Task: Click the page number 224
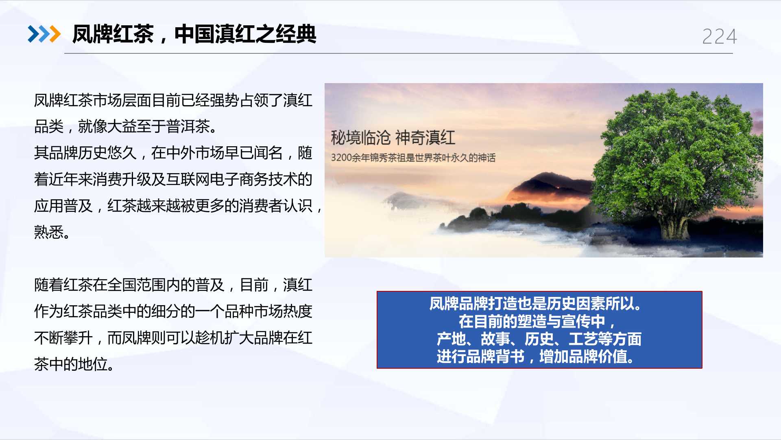click(720, 37)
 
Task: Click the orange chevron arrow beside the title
click(55, 34)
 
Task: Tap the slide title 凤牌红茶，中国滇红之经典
click(194, 34)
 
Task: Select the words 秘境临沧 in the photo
click(360, 138)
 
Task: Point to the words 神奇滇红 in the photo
click(425, 138)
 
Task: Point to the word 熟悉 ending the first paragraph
click(49, 232)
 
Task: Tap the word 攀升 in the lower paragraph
click(78, 338)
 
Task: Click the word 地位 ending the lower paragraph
click(93, 364)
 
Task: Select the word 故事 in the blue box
click(495, 339)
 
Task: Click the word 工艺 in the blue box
click(583, 339)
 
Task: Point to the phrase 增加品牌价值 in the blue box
click(583, 357)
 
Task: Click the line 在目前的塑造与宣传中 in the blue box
click(532, 321)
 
